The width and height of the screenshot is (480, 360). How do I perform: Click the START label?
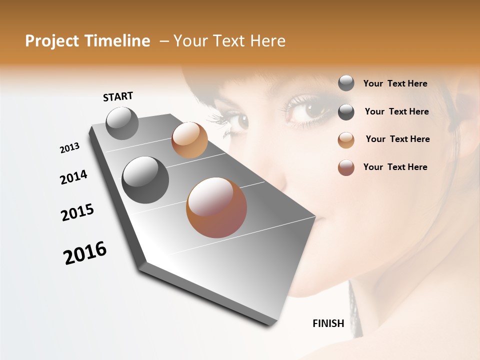pyautogui.click(x=118, y=96)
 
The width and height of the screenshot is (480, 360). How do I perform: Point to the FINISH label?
pyautogui.click(x=328, y=323)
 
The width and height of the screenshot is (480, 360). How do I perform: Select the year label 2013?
pyautogui.click(x=69, y=148)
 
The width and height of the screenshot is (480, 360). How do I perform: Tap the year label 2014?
pyautogui.click(x=73, y=177)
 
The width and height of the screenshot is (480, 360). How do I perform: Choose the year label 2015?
pyautogui.click(x=77, y=212)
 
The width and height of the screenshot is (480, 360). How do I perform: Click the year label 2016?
pyautogui.click(x=85, y=253)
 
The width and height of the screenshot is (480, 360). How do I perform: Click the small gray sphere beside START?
pyautogui.click(x=122, y=123)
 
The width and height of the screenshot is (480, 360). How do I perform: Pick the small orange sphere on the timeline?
pyautogui.click(x=189, y=140)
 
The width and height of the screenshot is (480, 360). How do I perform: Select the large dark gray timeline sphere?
pyautogui.click(x=145, y=180)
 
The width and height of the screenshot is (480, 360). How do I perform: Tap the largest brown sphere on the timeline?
pyautogui.click(x=216, y=207)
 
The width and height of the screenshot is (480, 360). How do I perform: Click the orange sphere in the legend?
pyautogui.click(x=346, y=140)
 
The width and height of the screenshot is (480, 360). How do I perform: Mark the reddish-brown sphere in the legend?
pyautogui.click(x=346, y=167)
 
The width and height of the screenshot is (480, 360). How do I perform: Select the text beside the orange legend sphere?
pyautogui.click(x=397, y=139)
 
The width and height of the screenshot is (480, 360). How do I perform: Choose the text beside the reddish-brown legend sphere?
pyautogui.click(x=395, y=167)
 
